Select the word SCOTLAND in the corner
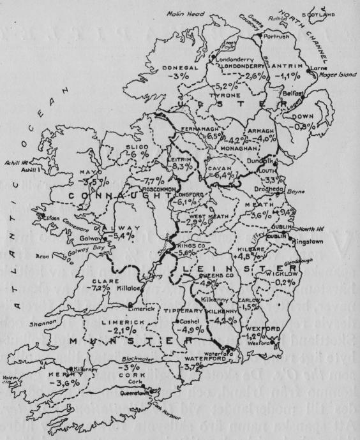click(x=339, y=14)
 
